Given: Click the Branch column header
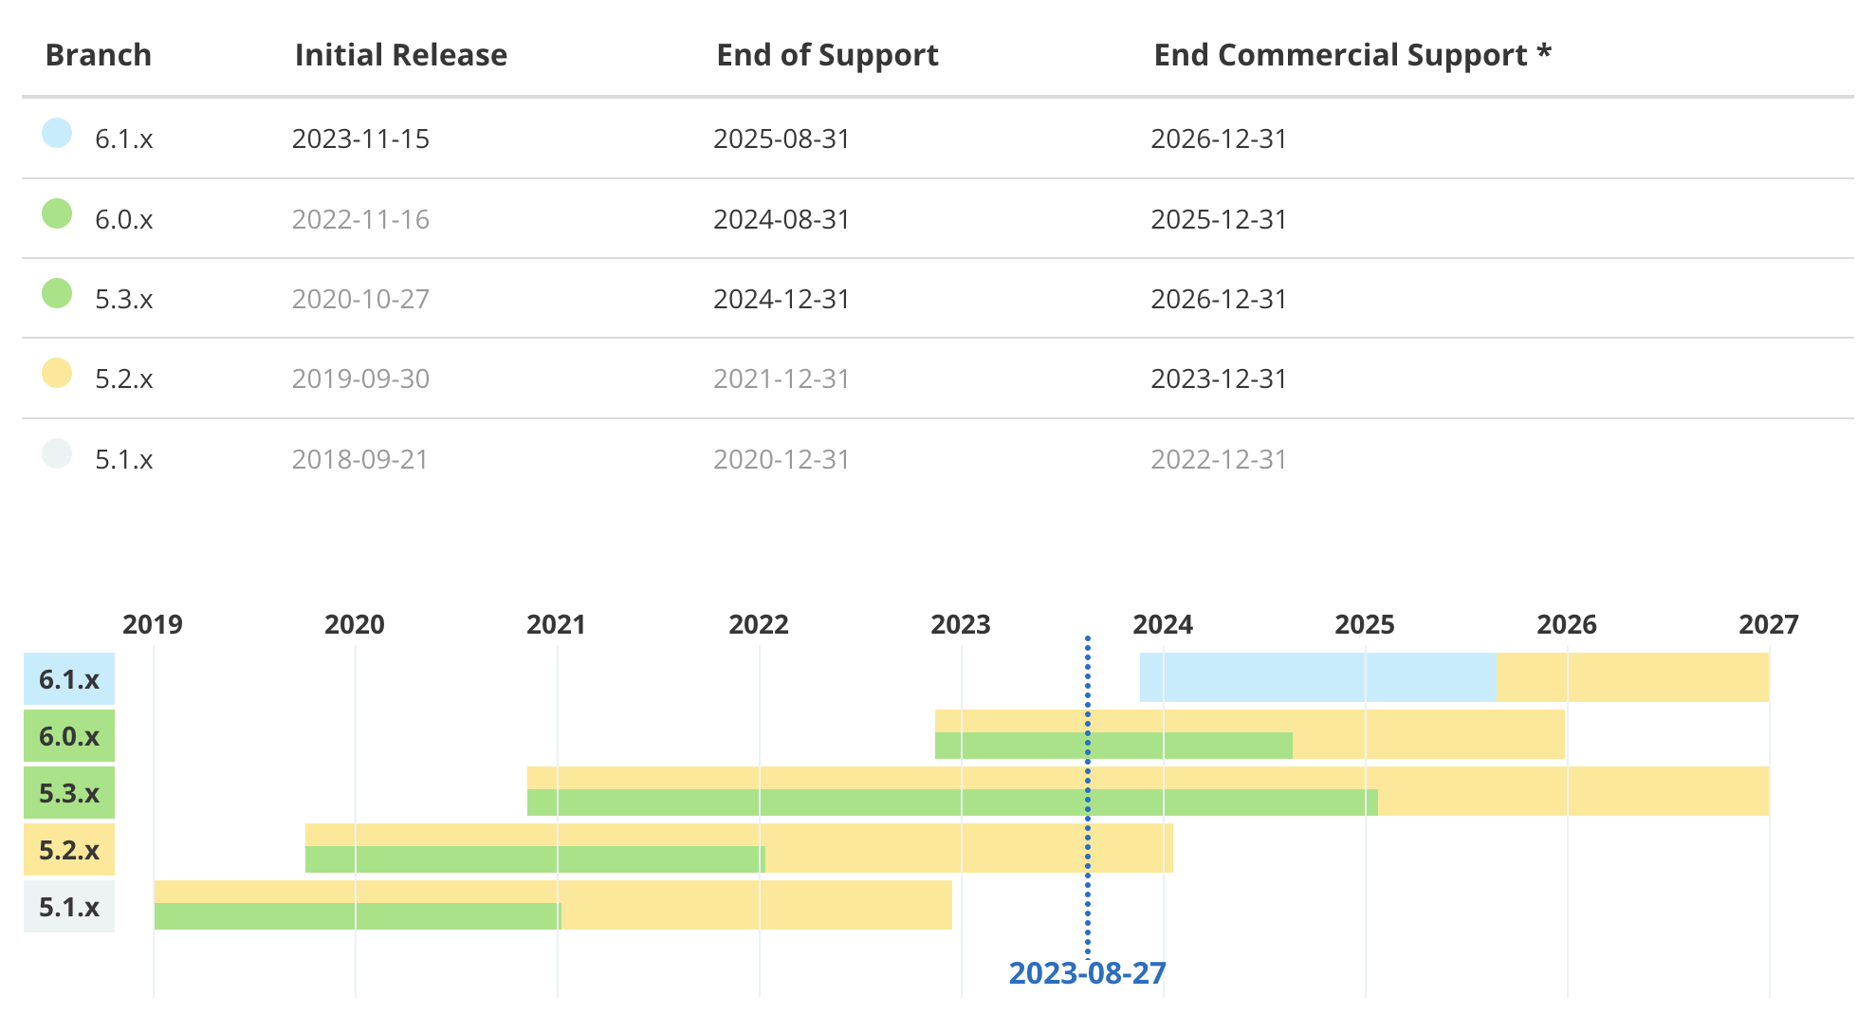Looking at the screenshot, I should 99,55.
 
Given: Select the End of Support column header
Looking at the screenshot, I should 827,55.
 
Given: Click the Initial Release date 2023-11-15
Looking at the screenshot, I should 360,138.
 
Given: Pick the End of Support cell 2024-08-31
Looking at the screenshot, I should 781,219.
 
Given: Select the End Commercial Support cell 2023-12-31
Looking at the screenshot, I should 1219,378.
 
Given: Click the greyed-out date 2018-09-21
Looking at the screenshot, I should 360,459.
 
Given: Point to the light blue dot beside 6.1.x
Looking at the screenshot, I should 57,133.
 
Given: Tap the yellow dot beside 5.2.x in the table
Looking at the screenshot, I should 57,373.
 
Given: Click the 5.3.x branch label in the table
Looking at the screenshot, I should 123,299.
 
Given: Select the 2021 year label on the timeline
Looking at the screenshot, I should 556,624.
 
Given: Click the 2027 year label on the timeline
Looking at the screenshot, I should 1768,624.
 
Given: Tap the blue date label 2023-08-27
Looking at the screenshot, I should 1087,973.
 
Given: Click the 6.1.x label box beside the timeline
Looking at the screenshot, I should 69,679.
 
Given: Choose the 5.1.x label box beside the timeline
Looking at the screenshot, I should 69,907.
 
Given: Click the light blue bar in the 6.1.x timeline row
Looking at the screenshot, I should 1316,677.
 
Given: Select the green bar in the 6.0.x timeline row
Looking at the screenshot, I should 1113,746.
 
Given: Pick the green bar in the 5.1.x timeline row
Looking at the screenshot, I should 357,916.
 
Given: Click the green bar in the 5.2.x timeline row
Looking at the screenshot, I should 535,859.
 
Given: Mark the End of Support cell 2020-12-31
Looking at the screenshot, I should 781,459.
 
